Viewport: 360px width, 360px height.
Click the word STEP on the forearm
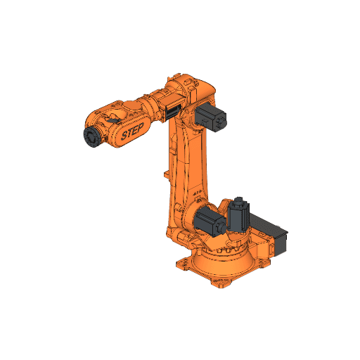[x=131, y=131]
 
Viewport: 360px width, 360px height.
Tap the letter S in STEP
[x=124, y=135]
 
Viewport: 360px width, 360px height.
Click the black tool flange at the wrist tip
[x=91, y=137]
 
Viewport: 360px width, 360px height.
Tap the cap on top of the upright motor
[x=239, y=201]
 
